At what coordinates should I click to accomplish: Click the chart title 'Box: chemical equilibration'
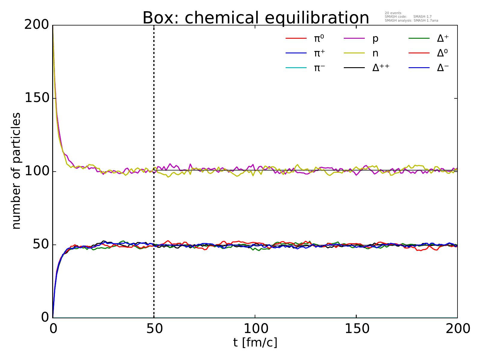pyautogui.click(x=256, y=18)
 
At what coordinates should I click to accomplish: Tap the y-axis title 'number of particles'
pyautogui.click(x=16, y=171)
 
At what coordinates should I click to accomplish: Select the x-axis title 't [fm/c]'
pyautogui.click(x=255, y=342)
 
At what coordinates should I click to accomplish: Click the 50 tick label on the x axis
pyautogui.click(x=154, y=328)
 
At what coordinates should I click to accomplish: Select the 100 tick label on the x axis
pyautogui.click(x=255, y=328)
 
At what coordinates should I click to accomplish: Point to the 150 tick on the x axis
pyautogui.click(x=356, y=328)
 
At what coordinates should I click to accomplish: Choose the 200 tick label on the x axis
pyautogui.click(x=457, y=328)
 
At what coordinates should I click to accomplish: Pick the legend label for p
pyautogui.click(x=375, y=39)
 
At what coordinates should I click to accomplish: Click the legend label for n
pyautogui.click(x=375, y=53)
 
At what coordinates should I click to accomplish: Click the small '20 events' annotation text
pyautogui.click(x=393, y=13)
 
